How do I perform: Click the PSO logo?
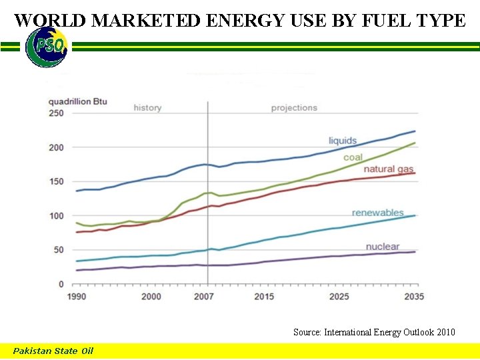[46, 47]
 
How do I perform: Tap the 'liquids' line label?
[343, 141]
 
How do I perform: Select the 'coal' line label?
[353, 157]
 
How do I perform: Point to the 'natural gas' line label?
[389, 169]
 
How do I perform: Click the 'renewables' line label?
[377, 213]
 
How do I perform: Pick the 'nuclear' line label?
[383, 247]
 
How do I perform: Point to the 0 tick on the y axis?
[61, 285]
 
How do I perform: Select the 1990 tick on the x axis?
[77, 297]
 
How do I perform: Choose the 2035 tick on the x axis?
[413, 297]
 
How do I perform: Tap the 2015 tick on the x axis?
[264, 297]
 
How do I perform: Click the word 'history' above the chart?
[147, 108]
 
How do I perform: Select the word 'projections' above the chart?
[294, 108]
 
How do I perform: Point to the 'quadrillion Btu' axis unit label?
[78, 101]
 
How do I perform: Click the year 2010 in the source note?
[444, 331]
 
